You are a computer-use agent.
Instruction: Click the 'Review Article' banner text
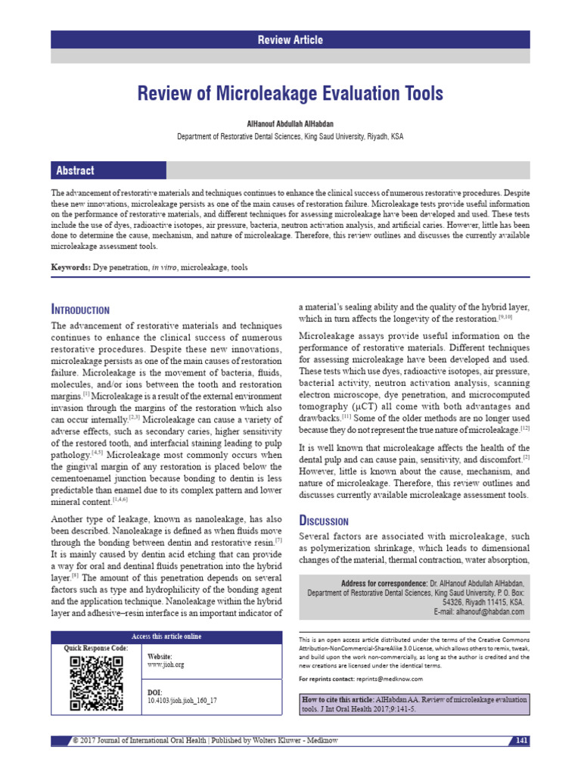[x=290, y=40]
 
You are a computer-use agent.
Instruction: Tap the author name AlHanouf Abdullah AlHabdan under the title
[x=290, y=124]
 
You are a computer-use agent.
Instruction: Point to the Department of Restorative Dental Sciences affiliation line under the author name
[x=290, y=137]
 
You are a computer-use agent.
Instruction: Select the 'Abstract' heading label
[x=73, y=170]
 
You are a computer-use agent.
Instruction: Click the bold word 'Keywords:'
[x=70, y=268]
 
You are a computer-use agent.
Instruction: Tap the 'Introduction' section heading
[x=80, y=310]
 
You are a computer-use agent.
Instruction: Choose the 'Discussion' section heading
[x=324, y=521]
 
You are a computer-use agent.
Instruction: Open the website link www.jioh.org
[x=165, y=665]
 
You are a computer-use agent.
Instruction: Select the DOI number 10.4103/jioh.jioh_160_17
[x=182, y=701]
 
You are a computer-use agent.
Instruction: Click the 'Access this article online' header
[x=166, y=636]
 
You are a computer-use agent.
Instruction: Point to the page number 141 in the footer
[x=521, y=739]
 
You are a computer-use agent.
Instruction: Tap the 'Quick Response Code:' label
[x=96, y=648]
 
